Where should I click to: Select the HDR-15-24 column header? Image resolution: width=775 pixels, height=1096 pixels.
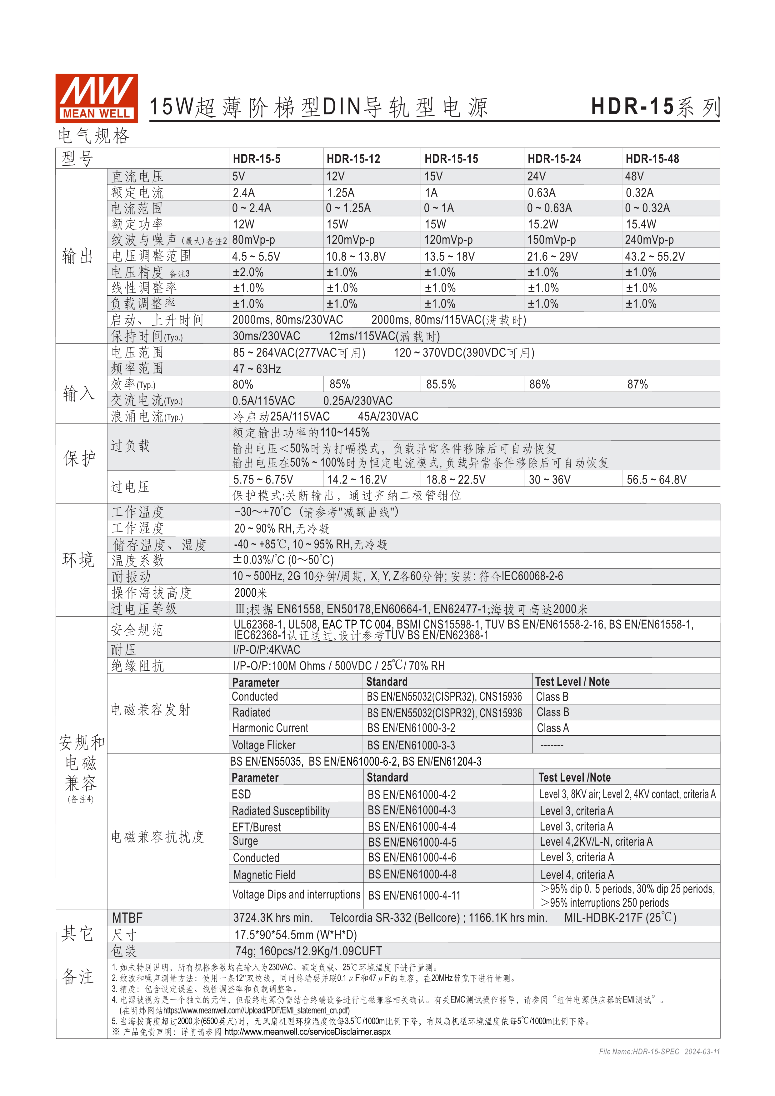click(554, 159)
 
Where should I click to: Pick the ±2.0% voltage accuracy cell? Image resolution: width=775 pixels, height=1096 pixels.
click(248, 273)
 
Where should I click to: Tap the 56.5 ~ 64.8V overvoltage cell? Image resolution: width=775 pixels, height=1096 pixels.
click(656, 480)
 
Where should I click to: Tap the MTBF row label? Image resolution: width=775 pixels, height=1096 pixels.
click(127, 918)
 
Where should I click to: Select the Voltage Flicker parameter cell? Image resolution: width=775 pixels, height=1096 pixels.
click(263, 745)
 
